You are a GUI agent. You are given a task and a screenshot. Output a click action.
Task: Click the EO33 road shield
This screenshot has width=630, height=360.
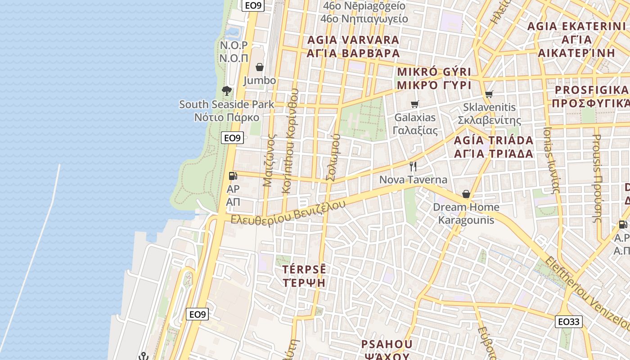[x=569, y=321]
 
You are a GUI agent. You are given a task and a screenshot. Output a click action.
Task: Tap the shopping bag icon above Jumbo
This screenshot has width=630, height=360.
[x=260, y=67]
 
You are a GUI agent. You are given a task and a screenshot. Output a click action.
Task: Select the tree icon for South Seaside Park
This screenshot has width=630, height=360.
[x=227, y=91]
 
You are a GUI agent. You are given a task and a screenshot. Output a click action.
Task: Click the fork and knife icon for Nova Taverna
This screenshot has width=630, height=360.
[x=413, y=166]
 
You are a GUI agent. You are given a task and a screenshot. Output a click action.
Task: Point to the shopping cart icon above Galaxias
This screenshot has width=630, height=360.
[x=414, y=104]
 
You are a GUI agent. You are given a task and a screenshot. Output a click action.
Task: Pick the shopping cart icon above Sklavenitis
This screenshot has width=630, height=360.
[x=489, y=94]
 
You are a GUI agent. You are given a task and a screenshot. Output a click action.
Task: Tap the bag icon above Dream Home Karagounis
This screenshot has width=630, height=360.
[x=466, y=194]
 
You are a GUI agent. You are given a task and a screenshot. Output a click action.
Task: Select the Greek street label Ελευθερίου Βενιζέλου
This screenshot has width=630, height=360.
[x=288, y=213]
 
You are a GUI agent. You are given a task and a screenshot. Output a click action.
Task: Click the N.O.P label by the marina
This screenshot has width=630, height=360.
[x=234, y=45]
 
